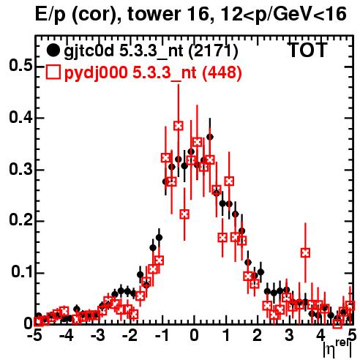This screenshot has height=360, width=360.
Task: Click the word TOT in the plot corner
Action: [308, 50]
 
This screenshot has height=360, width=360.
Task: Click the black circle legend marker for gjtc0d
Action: [53, 50]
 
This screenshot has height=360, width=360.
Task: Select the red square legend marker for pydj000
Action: [53, 72]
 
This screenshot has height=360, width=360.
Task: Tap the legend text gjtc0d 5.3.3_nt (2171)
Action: [151, 51]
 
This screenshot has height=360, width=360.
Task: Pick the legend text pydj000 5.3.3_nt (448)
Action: [153, 73]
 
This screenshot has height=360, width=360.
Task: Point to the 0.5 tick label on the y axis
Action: [21, 66]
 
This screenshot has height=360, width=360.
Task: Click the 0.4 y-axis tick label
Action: [21, 118]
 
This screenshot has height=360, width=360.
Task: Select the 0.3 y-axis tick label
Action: [21, 169]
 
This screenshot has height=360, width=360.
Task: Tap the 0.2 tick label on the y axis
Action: [21, 220]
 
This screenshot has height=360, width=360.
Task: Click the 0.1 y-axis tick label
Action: [21, 272]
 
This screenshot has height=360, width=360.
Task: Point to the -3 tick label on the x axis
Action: [99, 336]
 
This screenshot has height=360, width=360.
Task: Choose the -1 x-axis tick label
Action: [162, 336]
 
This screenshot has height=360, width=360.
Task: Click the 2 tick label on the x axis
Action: [258, 336]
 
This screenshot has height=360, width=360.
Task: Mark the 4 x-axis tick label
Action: [320, 336]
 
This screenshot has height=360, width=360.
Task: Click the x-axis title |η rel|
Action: [338, 348]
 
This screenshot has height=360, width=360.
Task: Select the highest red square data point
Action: [179, 126]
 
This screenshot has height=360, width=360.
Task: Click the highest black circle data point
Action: [210, 138]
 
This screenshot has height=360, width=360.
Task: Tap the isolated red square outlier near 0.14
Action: [305, 252]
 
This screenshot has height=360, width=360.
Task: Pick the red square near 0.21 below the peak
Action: [184, 214]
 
